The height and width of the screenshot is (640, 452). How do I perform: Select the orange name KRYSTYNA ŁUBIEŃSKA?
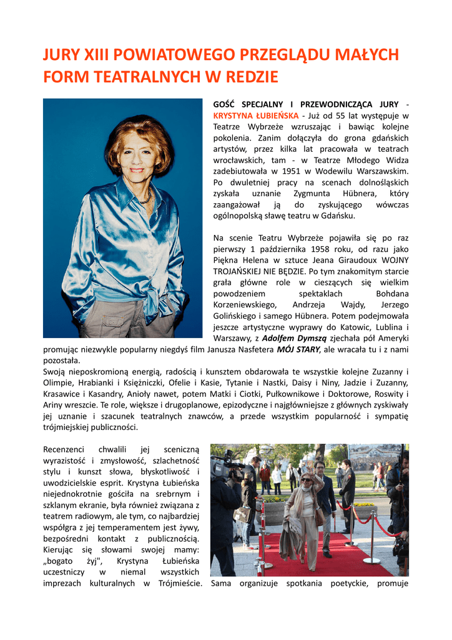click(247, 116)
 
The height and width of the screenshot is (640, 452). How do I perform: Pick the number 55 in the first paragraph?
click(355, 116)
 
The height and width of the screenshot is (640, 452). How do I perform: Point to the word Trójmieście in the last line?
click(180, 584)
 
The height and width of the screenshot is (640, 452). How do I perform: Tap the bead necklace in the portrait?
click(146, 199)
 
